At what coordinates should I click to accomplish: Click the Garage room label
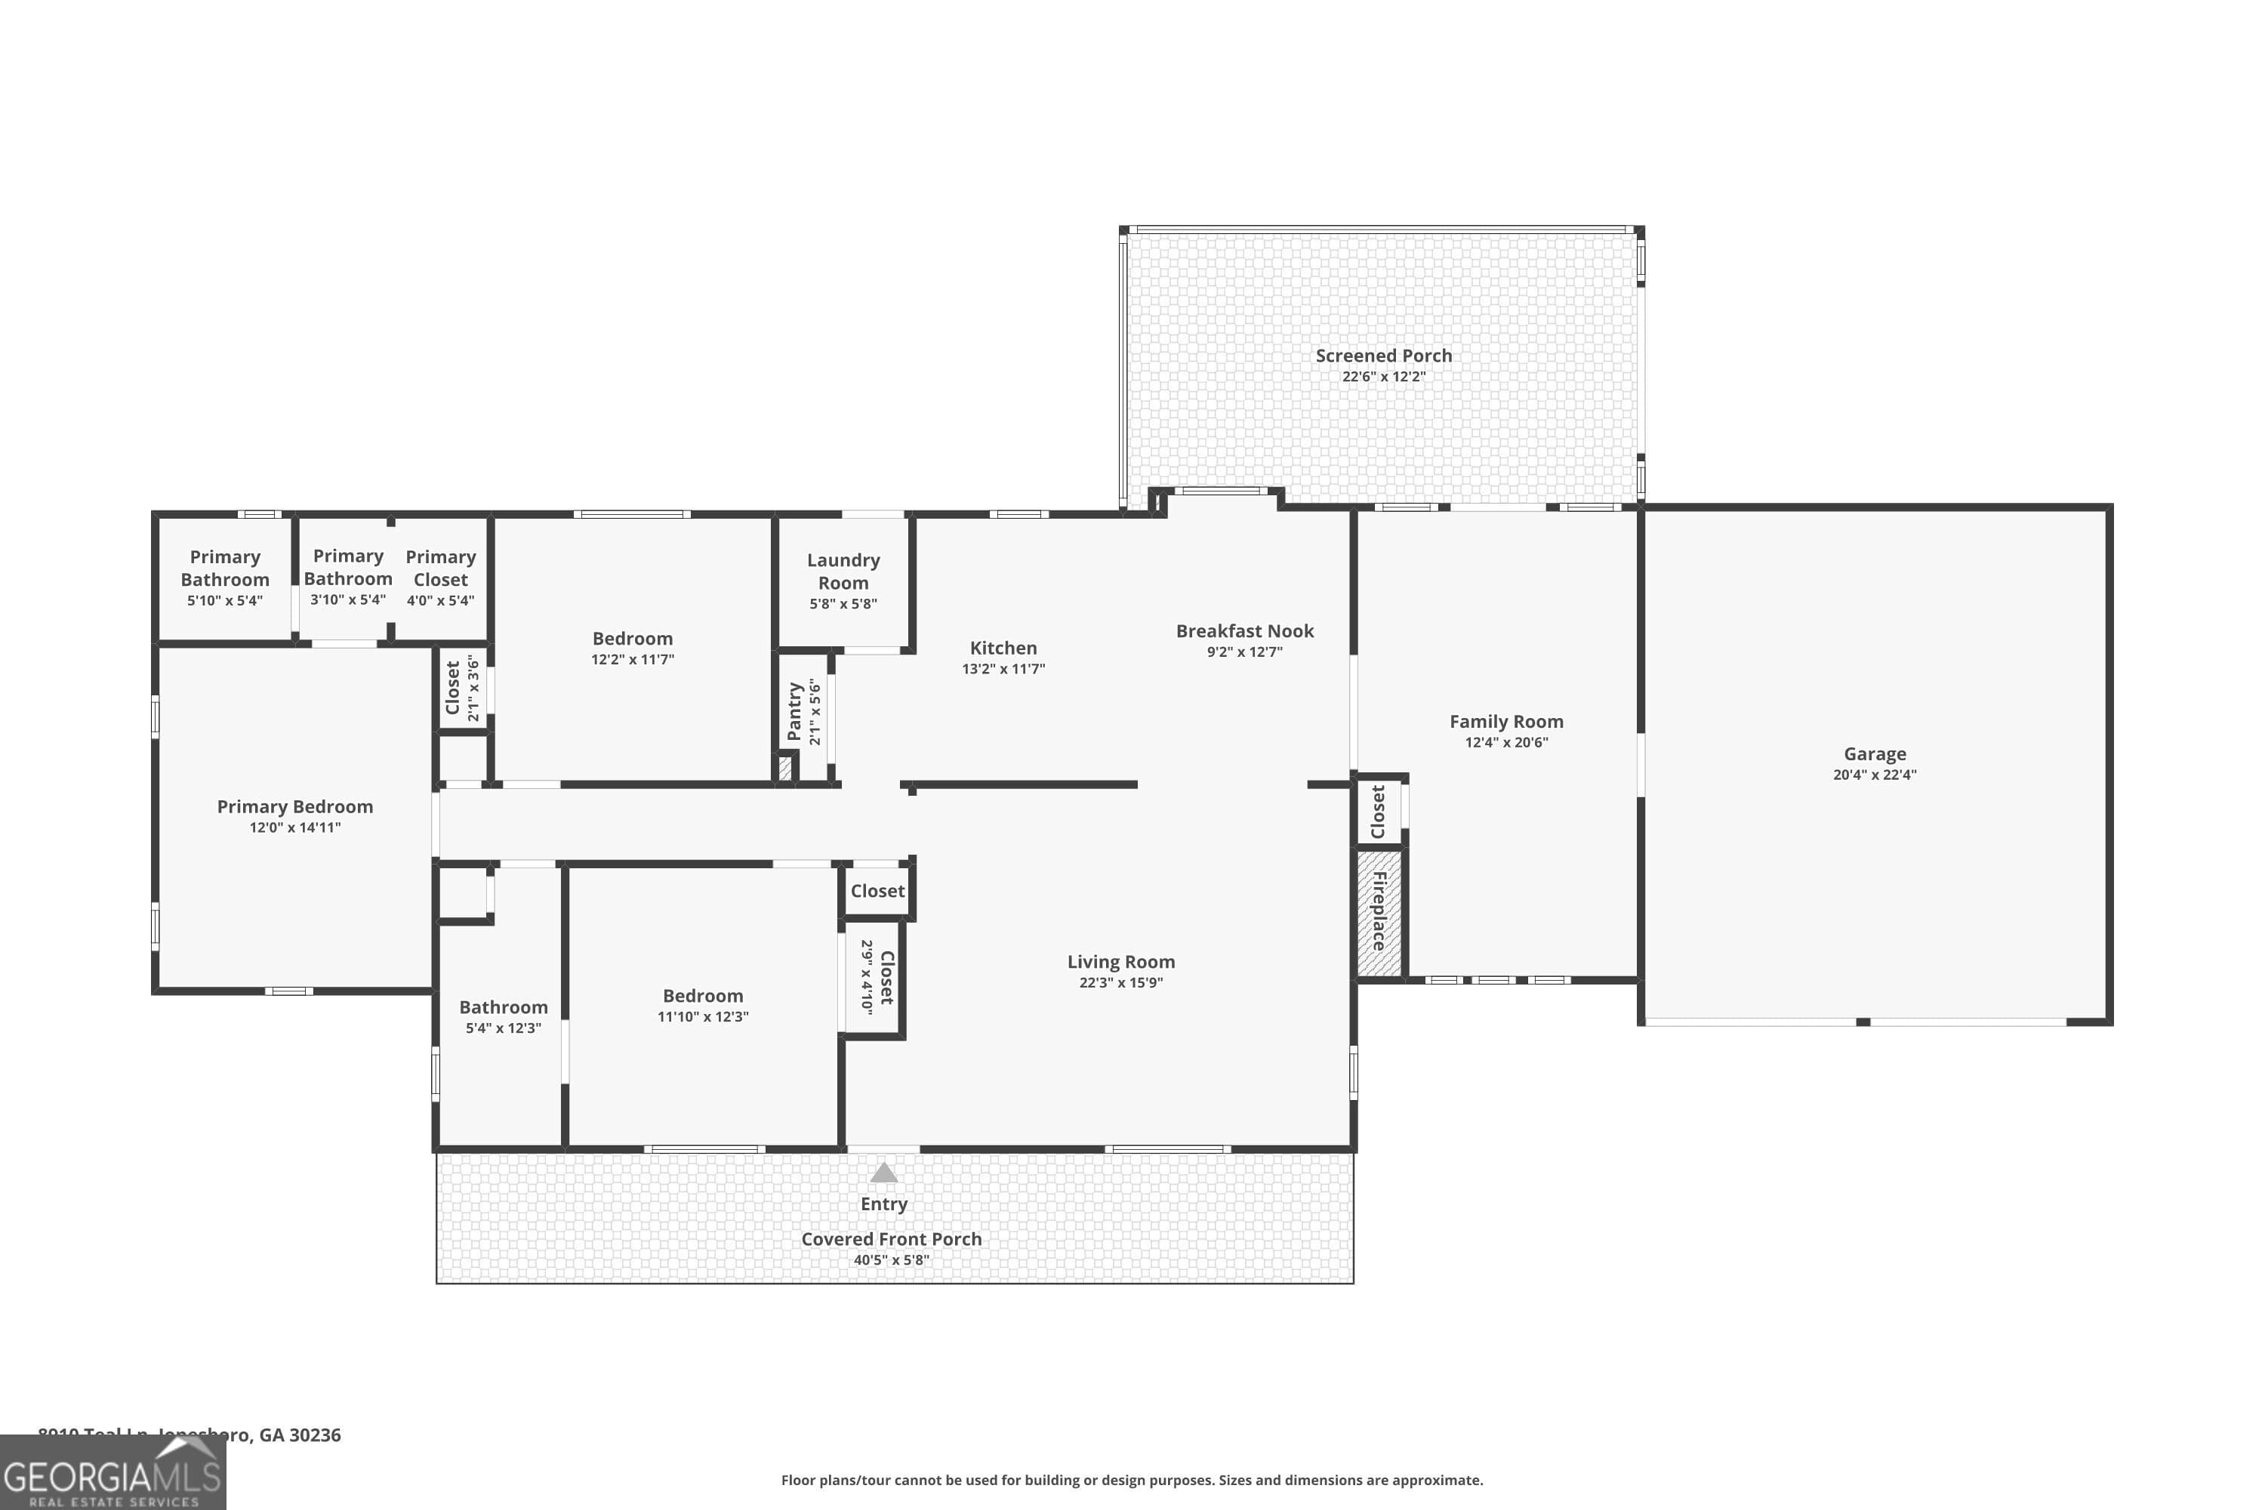[1874, 754]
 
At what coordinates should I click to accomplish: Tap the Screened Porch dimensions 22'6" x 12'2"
[1383, 377]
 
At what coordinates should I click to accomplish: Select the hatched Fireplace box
[1379, 912]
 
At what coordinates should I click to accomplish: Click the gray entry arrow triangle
[883, 1173]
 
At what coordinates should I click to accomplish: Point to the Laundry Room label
[843, 571]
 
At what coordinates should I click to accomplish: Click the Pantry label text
[794, 712]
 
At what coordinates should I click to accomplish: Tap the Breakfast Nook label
[1244, 630]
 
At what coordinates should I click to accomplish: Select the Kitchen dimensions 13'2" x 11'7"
[1003, 668]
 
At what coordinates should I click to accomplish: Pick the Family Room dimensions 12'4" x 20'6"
[1506, 742]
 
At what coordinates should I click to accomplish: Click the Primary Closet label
[440, 569]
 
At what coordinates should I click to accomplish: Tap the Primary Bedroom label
[294, 806]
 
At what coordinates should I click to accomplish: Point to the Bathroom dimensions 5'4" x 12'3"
[503, 1028]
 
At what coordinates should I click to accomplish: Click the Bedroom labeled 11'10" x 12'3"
[702, 996]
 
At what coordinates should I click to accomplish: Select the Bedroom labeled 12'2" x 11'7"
[632, 639]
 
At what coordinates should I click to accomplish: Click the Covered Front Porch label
[891, 1238]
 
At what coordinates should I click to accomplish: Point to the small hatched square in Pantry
[785, 768]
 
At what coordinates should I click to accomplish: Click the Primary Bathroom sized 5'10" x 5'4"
[224, 569]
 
